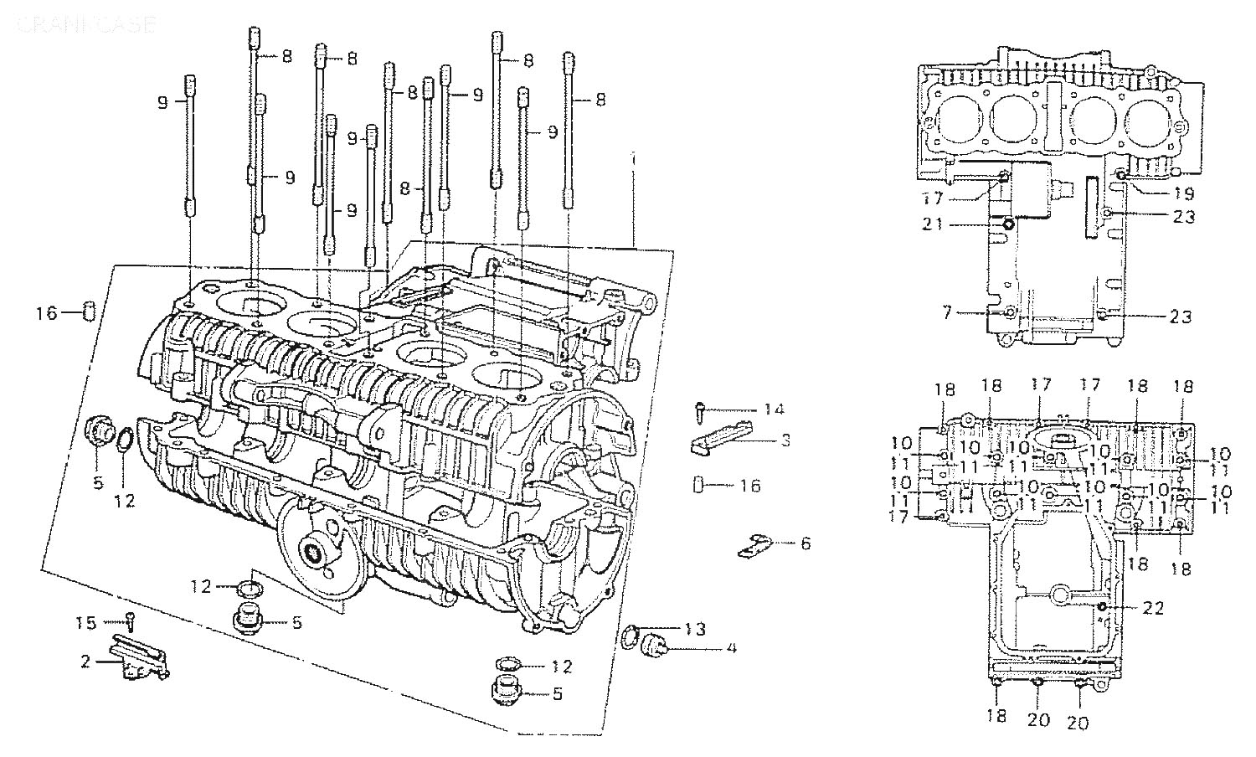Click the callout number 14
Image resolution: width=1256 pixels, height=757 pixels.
(773, 409)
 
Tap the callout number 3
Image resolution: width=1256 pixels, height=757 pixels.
(785, 440)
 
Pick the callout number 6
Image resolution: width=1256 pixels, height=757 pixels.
(806, 543)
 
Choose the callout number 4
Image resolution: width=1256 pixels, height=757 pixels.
(731, 647)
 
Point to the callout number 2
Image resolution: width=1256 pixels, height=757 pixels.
(85, 662)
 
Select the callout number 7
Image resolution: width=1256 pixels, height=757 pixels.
(946, 312)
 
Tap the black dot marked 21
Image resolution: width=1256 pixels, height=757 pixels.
(1008, 224)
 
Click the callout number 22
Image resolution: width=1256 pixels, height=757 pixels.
(1153, 609)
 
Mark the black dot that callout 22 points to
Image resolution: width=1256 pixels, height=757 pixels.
(1103, 605)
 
